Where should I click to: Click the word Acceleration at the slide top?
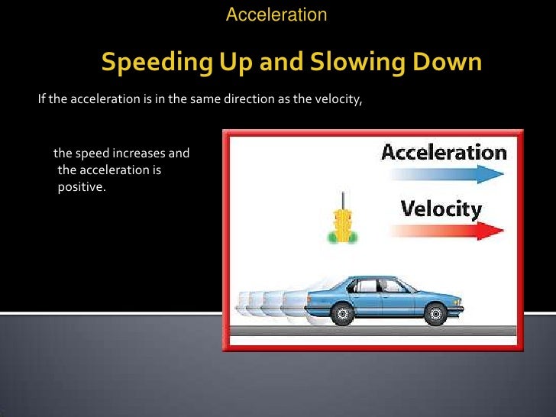(x=276, y=14)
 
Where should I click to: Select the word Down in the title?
(x=451, y=62)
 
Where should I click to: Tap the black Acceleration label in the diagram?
(x=444, y=151)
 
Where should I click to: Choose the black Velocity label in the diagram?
(x=442, y=208)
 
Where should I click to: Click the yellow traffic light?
(x=342, y=225)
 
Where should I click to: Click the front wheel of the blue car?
(x=435, y=313)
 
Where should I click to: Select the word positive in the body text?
(x=80, y=186)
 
